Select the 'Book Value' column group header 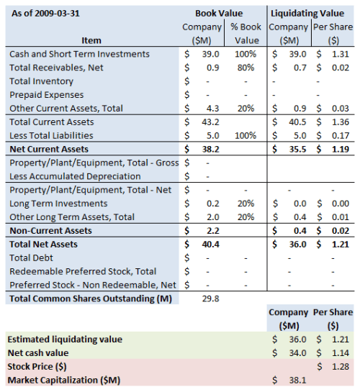(x=219, y=13)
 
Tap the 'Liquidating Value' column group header (x=312, y=13)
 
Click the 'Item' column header (x=91, y=40)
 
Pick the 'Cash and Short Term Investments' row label (x=79, y=54)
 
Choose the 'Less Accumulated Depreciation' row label (x=75, y=176)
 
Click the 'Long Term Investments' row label (x=58, y=204)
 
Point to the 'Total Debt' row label (x=31, y=257)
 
